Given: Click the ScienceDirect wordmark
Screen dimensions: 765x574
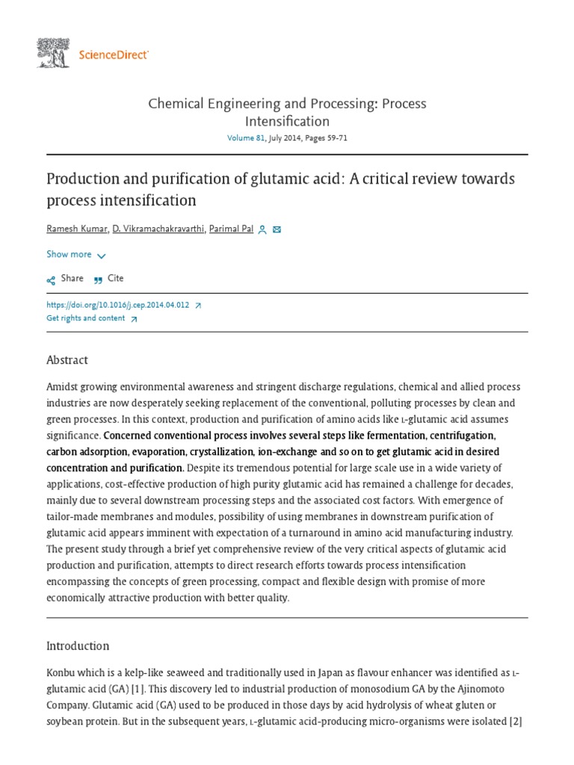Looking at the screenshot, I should tap(114, 55).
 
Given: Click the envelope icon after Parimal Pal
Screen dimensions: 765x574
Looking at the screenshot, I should tap(277, 230).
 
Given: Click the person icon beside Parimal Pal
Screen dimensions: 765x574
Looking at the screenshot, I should tap(262, 230).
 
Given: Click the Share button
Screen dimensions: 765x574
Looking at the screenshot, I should tap(65, 279).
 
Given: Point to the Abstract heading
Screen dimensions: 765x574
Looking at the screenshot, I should tap(67, 360).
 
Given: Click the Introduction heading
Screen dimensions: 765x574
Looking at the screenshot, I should tap(78, 646).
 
